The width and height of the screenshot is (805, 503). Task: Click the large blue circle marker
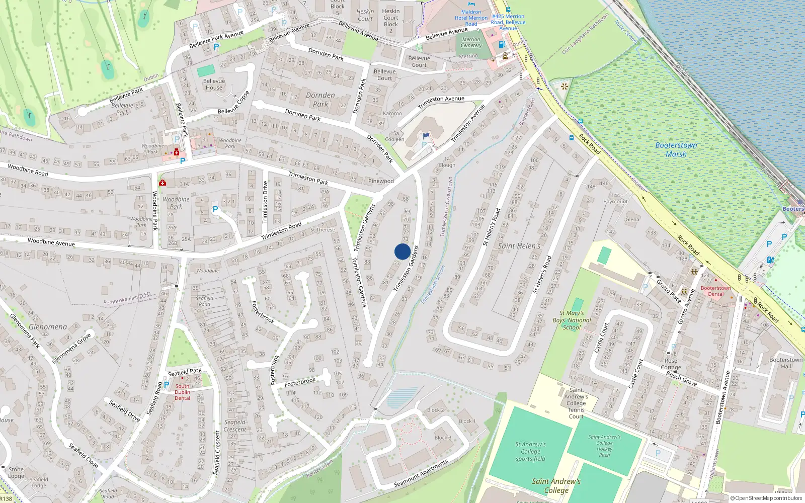pos(403,251)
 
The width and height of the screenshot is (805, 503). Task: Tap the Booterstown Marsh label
pos(676,149)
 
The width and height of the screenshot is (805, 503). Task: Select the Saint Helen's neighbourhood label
pos(519,246)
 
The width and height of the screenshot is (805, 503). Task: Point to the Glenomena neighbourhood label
pos(48,327)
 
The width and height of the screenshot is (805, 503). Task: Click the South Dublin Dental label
pos(182,392)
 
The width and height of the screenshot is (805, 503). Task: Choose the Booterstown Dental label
pos(715,291)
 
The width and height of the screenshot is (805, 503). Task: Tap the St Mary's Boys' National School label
pos(572,320)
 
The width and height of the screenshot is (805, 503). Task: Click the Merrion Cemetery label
pos(471,42)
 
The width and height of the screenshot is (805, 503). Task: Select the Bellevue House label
pos(214,84)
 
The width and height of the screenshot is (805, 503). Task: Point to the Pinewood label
pos(381,181)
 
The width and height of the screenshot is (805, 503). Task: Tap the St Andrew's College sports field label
pos(530,451)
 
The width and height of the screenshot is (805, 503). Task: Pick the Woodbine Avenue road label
pos(51,242)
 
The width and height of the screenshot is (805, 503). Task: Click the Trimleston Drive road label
pos(265,202)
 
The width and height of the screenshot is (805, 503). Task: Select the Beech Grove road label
pos(681,379)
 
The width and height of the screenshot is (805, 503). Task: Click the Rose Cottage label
pos(671,364)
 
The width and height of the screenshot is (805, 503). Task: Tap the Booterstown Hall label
pos(786,363)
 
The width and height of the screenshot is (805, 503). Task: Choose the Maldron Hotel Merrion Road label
pos(471,18)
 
